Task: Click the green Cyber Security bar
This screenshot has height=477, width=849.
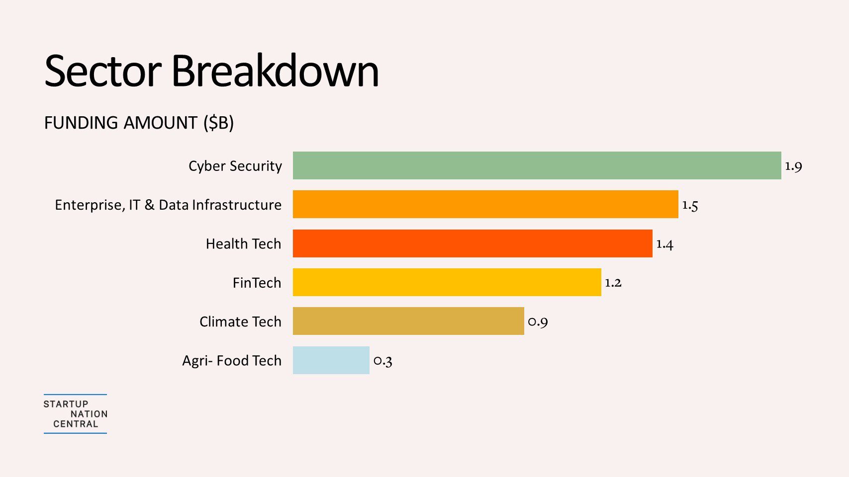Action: [x=537, y=165]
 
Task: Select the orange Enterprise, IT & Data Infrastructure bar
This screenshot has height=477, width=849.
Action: [x=485, y=204]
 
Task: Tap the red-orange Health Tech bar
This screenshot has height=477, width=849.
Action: [x=472, y=243]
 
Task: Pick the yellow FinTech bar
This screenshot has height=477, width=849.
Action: [x=447, y=282]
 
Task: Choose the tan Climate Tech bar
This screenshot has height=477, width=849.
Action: [x=408, y=321]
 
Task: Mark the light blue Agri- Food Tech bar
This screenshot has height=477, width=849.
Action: [x=331, y=360]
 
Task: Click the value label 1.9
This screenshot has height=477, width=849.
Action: [x=793, y=166]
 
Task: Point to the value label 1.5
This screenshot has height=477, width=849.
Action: [x=690, y=205]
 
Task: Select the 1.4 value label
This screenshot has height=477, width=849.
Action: [x=664, y=244]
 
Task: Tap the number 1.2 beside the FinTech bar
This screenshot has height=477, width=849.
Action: [x=613, y=283]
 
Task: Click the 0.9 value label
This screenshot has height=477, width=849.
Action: [x=538, y=322]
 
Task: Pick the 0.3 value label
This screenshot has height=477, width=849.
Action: [x=382, y=361]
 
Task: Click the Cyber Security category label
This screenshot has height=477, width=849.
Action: [x=235, y=166]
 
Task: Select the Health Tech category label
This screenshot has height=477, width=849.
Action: [x=243, y=244]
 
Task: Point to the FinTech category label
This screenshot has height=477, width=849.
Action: [x=257, y=283]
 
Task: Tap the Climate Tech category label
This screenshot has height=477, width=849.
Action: [x=240, y=322]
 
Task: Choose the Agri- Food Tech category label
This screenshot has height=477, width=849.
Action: [x=232, y=361]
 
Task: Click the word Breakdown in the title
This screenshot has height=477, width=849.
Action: [x=275, y=71]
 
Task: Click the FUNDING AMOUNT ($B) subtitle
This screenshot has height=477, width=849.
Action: [x=139, y=123]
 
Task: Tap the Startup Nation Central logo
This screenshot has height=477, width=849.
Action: [x=76, y=414]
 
